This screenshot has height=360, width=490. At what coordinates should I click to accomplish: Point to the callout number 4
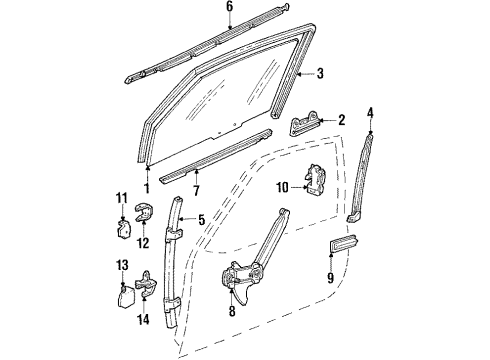tap(372, 112)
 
